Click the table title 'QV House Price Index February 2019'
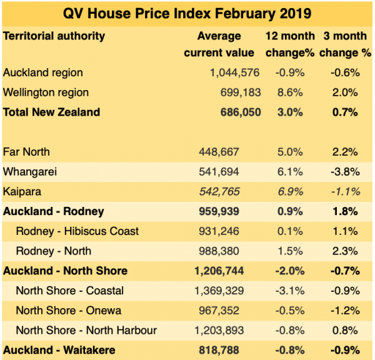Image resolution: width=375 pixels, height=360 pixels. (x=187, y=13)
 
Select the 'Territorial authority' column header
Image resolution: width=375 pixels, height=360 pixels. (x=54, y=36)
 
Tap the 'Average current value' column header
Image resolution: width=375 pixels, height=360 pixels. (x=219, y=44)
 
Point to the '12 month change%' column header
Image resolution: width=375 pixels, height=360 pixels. (x=290, y=44)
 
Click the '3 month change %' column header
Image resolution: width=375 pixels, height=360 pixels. (x=345, y=44)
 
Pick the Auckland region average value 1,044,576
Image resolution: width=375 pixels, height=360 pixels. (x=234, y=72)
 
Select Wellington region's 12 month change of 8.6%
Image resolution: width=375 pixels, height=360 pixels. (x=290, y=92)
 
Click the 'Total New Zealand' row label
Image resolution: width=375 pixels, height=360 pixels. (x=51, y=112)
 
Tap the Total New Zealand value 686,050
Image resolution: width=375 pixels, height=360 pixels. (x=241, y=112)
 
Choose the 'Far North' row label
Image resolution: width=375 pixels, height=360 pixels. (x=26, y=152)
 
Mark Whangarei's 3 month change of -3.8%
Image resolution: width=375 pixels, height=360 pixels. (x=345, y=172)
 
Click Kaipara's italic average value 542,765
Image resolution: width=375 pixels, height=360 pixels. (x=219, y=192)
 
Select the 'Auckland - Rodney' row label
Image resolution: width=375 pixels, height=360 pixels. (x=54, y=211)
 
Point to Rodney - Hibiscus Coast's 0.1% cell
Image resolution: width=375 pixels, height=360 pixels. (x=290, y=231)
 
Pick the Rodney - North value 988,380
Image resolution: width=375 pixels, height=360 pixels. (x=219, y=251)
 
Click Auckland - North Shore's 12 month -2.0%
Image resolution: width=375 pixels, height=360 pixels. (x=290, y=271)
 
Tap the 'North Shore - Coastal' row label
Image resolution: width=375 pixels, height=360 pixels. (x=70, y=291)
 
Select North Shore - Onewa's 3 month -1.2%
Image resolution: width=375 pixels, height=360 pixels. (x=345, y=311)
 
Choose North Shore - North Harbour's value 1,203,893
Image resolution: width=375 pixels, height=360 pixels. (x=219, y=331)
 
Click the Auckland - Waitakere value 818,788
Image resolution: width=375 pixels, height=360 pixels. (x=219, y=351)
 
